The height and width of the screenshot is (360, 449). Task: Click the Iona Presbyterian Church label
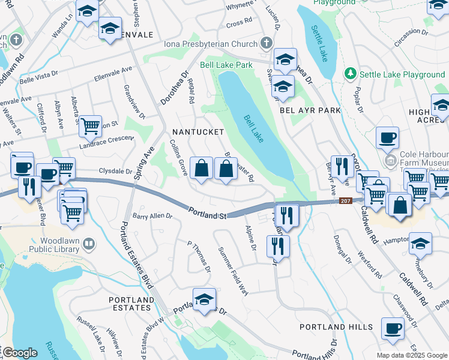pyautogui.click(x=210, y=44)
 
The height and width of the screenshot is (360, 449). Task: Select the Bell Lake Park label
pyautogui.click(x=226, y=65)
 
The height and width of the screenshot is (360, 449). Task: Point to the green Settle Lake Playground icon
pyautogui.click(x=351, y=74)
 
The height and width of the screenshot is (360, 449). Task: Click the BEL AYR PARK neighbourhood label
pyautogui.click(x=310, y=110)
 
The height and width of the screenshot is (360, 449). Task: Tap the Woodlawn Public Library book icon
pyautogui.click(x=89, y=244)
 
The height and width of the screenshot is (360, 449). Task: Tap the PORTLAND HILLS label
pyautogui.click(x=336, y=327)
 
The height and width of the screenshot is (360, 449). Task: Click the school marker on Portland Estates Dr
pyautogui.click(x=204, y=299)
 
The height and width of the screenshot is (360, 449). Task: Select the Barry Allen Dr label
pyautogui.click(x=152, y=216)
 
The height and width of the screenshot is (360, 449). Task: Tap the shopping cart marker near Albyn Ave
pyautogui.click(x=90, y=126)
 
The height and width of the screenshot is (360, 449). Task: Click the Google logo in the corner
pyautogui.click(x=19, y=353)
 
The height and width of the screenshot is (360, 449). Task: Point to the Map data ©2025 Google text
pyautogui.click(x=411, y=355)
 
